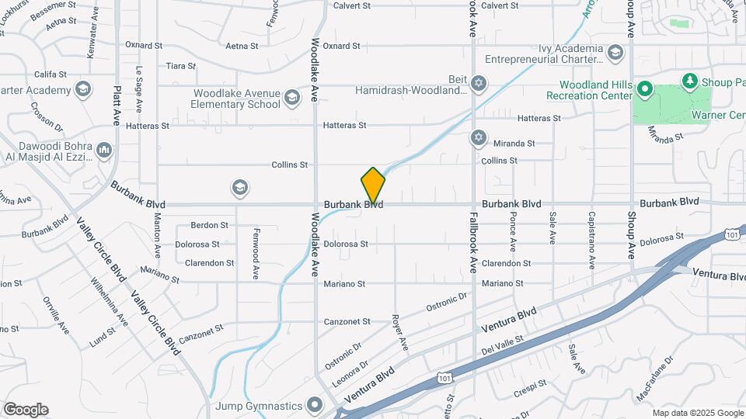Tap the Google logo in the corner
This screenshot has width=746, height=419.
(26, 410)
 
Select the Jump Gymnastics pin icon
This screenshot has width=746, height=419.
(315, 404)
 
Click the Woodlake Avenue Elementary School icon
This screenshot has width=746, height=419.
(291, 97)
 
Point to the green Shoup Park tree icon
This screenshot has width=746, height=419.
(688, 81)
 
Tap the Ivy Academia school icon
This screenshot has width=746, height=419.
(615, 53)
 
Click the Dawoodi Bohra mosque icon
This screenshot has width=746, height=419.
(104, 149)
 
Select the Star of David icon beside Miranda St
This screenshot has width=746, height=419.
(478, 138)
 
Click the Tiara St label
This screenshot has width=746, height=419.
(180, 66)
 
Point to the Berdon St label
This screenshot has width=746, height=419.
(210, 225)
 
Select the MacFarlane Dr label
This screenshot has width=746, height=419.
(647, 383)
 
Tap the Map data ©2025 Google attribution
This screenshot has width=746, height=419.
(698, 413)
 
